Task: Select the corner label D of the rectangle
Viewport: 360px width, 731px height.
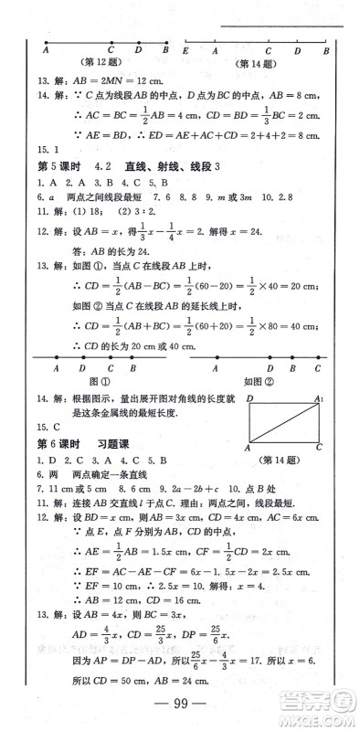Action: click(x=249, y=399)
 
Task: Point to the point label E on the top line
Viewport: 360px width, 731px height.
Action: click(x=185, y=51)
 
